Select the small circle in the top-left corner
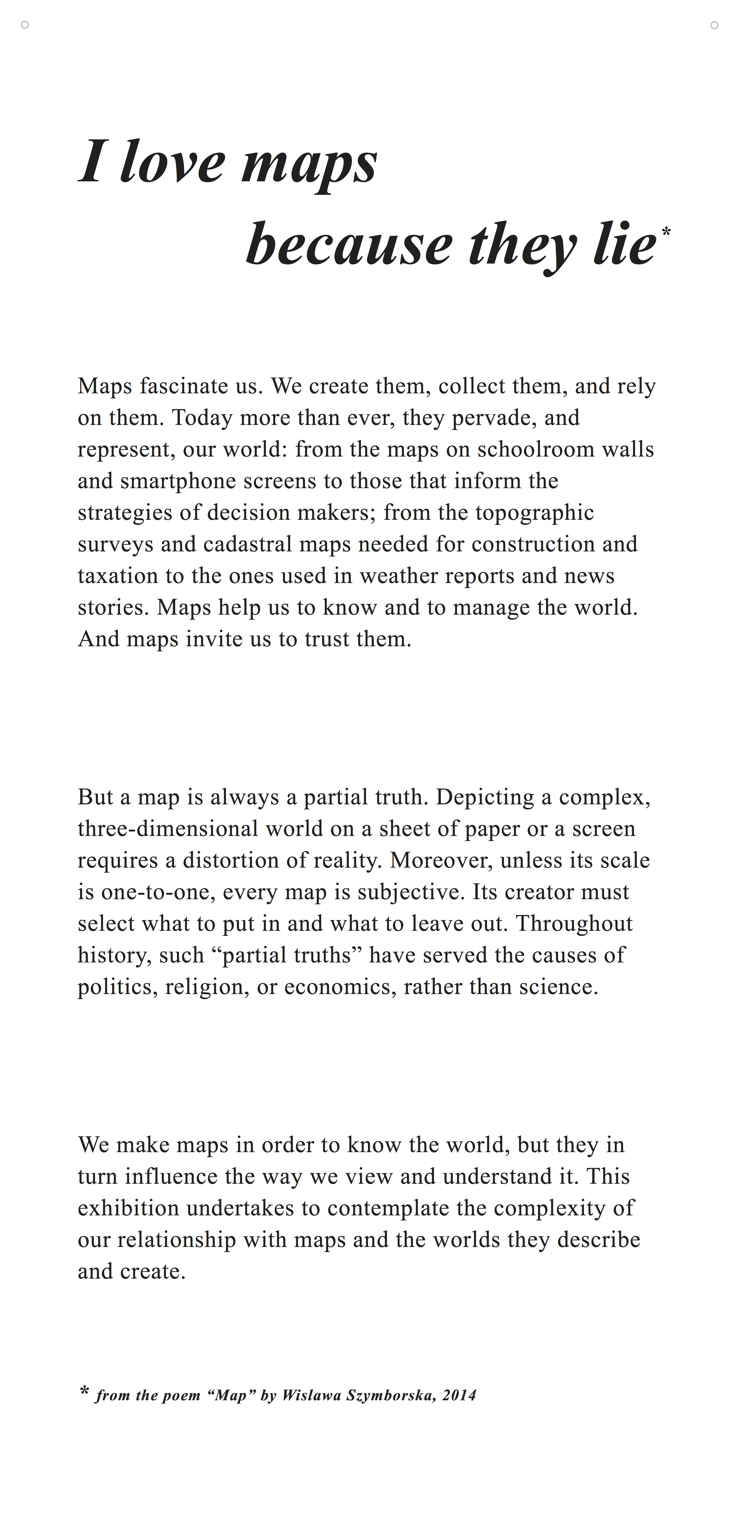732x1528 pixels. (25, 25)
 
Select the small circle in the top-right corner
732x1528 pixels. (714, 25)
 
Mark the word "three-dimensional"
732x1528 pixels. (168, 829)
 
